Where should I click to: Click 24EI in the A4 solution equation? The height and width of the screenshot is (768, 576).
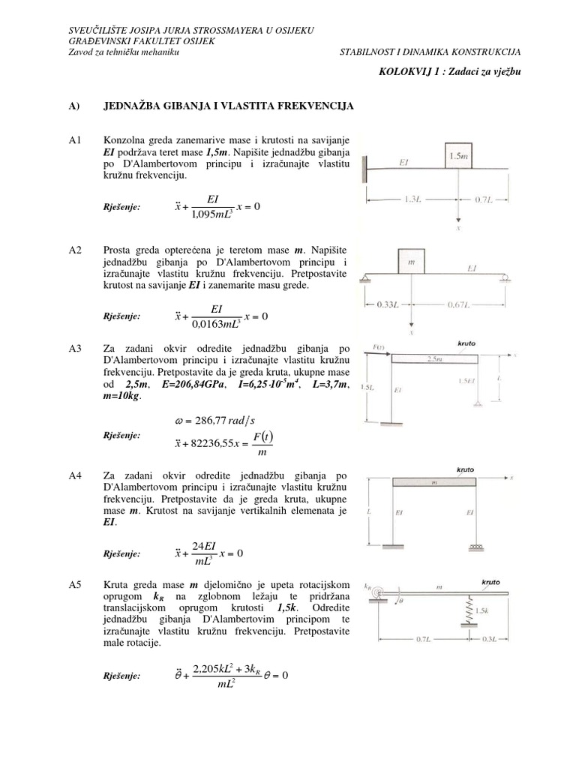pos(204,545)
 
